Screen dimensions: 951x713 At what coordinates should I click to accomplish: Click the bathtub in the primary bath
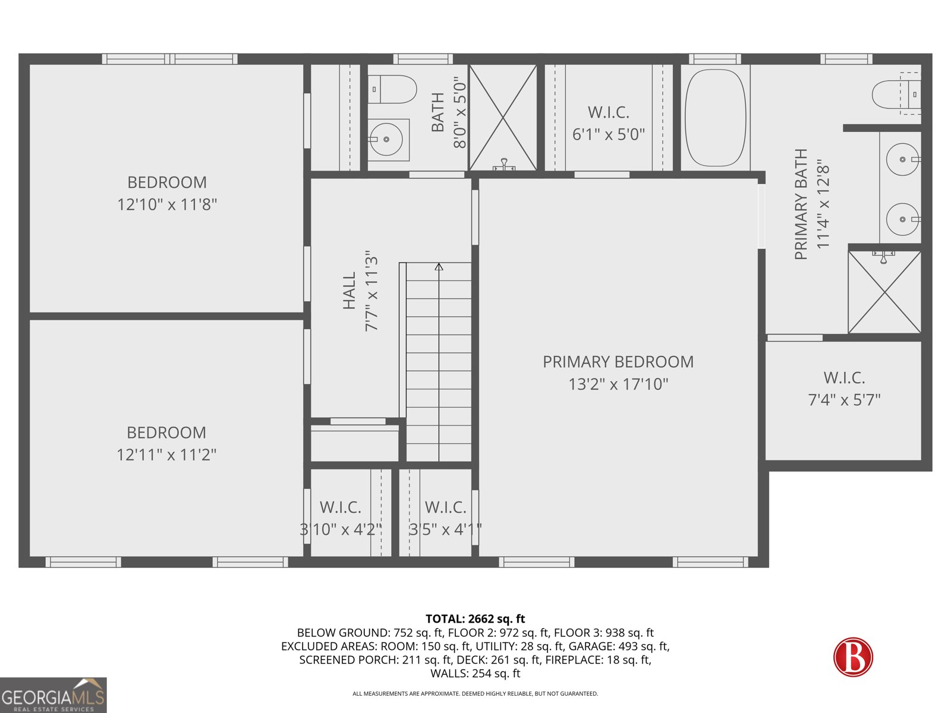pyautogui.click(x=714, y=118)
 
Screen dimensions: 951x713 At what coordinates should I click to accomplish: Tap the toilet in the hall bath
pyautogui.click(x=392, y=89)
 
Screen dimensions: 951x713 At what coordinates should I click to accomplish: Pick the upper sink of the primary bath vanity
pyautogui.click(x=902, y=159)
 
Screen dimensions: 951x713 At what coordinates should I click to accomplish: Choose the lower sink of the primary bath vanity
pyautogui.click(x=902, y=219)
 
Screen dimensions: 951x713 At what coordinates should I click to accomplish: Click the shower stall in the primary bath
pyautogui.click(x=884, y=292)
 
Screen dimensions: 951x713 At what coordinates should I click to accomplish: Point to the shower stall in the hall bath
pyautogui.click(x=503, y=118)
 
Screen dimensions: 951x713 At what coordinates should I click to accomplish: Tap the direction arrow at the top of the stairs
pyautogui.click(x=439, y=267)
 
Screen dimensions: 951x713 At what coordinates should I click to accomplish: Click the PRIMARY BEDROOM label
pyautogui.click(x=618, y=362)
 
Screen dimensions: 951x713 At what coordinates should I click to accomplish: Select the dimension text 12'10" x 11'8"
pyautogui.click(x=167, y=204)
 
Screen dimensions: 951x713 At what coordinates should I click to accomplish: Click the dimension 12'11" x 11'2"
pyautogui.click(x=166, y=455)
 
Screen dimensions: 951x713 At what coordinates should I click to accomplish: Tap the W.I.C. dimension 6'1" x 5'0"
pyautogui.click(x=608, y=135)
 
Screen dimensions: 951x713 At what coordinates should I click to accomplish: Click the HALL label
pyautogui.click(x=349, y=291)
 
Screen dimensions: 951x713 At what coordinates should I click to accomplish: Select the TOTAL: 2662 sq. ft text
pyautogui.click(x=475, y=619)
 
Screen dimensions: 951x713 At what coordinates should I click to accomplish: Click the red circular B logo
pyautogui.click(x=853, y=657)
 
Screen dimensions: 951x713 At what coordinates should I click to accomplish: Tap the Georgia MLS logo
pyautogui.click(x=53, y=695)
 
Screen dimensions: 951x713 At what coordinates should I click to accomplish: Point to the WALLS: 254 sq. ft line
pyautogui.click(x=475, y=673)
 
